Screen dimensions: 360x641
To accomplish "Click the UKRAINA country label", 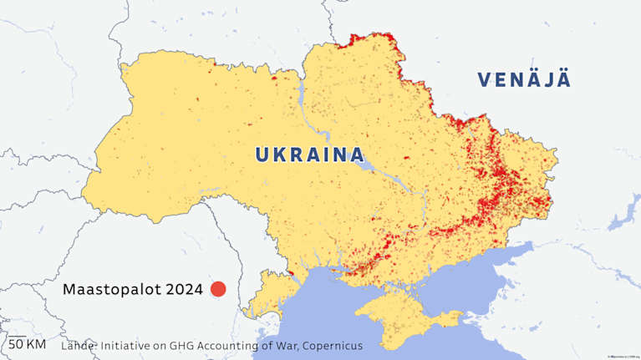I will pyautogui.click(x=309, y=155).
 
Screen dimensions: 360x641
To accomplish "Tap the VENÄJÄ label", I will pyautogui.click(x=524, y=80).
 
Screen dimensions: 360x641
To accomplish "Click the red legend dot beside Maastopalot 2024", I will pyautogui.click(x=218, y=289).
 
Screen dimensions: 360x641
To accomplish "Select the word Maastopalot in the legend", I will pyautogui.click(x=112, y=290).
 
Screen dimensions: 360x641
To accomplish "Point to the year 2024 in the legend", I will pyautogui.click(x=184, y=290).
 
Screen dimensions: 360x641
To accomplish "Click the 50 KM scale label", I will pyautogui.click(x=28, y=344).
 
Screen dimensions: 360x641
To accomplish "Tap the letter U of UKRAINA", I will pyautogui.click(x=262, y=155).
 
